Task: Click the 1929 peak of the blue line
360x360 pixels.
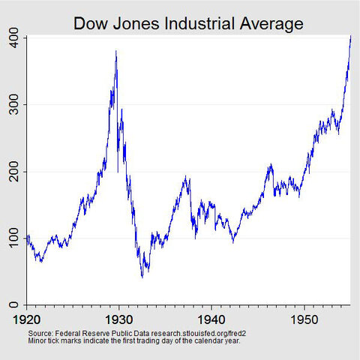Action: coord(115,51)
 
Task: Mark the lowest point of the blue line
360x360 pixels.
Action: coord(142,277)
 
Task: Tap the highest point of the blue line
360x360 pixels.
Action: coord(350,35)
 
